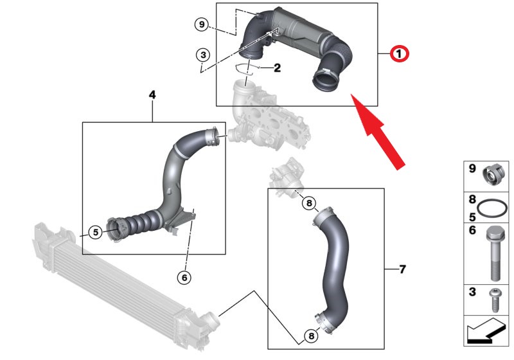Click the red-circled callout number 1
pyautogui.click(x=399, y=53)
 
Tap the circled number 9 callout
pyautogui.click(x=202, y=24)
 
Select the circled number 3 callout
pyautogui.click(x=203, y=55)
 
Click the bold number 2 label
pyautogui.click(x=277, y=68)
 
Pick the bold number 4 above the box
pyautogui.click(x=152, y=94)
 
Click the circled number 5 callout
pyautogui.click(x=95, y=232)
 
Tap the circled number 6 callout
pyautogui.click(x=184, y=278)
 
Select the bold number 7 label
pyautogui.click(x=403, y=269)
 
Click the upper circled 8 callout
pyautogui.click(x=309, y=203)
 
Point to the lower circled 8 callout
pyautogui.click(x=311, y=336)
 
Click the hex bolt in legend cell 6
pyautogui.click(x=495, y=254)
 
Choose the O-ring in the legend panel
pyautogui.click(x=492, y=208)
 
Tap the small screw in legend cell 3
pyautogui.click(x=495, y=300)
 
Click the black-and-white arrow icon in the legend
pyautogui.click(x=486, y=330)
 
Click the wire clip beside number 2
pyautogui.click(x=244, y=69)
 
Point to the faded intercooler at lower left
pyautogui.click(x=126, y=286)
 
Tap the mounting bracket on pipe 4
pyautogui.click(x=181, y=222)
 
